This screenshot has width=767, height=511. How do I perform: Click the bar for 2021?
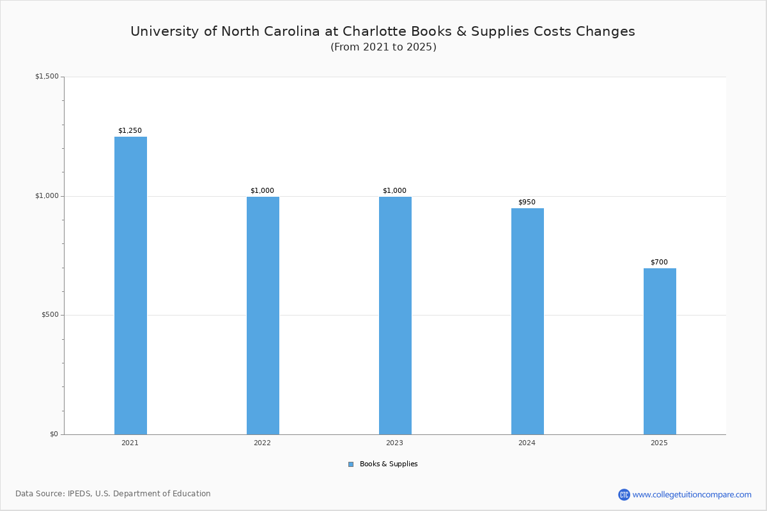click(130, 286)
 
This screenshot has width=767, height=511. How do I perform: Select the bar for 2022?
click(263, 316)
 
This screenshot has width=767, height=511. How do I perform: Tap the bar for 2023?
click(395, 316)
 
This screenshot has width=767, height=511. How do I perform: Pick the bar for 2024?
click(527, 321)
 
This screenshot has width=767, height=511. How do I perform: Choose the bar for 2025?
click(660, 351)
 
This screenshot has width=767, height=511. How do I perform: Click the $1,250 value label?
click(130, 131)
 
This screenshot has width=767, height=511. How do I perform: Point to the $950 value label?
click(527, 202)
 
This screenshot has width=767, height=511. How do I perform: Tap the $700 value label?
click(659, 263)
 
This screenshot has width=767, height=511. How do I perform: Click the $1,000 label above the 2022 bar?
click(262, 191)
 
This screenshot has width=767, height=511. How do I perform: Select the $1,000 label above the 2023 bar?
click(394, 191)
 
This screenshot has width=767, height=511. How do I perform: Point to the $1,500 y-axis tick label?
click(47, 77)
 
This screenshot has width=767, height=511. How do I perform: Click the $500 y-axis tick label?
click(50, 315)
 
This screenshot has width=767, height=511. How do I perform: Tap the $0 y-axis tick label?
click(54, 434)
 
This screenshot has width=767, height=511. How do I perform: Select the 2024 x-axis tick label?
click(527, 443)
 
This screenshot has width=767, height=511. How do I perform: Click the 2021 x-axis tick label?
click(130, 443)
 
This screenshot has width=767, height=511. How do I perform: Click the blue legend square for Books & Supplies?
click(351, 464)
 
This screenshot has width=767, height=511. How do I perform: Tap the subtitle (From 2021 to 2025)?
click(383, 47)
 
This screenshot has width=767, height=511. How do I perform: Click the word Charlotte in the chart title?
click(376, 31)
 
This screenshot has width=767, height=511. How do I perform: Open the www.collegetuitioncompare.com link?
click(692, 494)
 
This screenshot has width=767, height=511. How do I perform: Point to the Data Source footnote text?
click(113, 494)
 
